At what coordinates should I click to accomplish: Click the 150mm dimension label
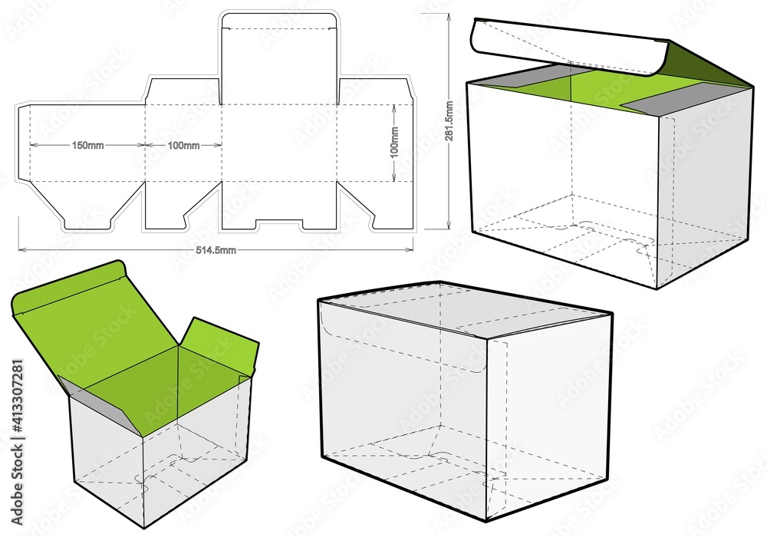click(88, 145)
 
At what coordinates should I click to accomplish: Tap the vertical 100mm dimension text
click(394, 143)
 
